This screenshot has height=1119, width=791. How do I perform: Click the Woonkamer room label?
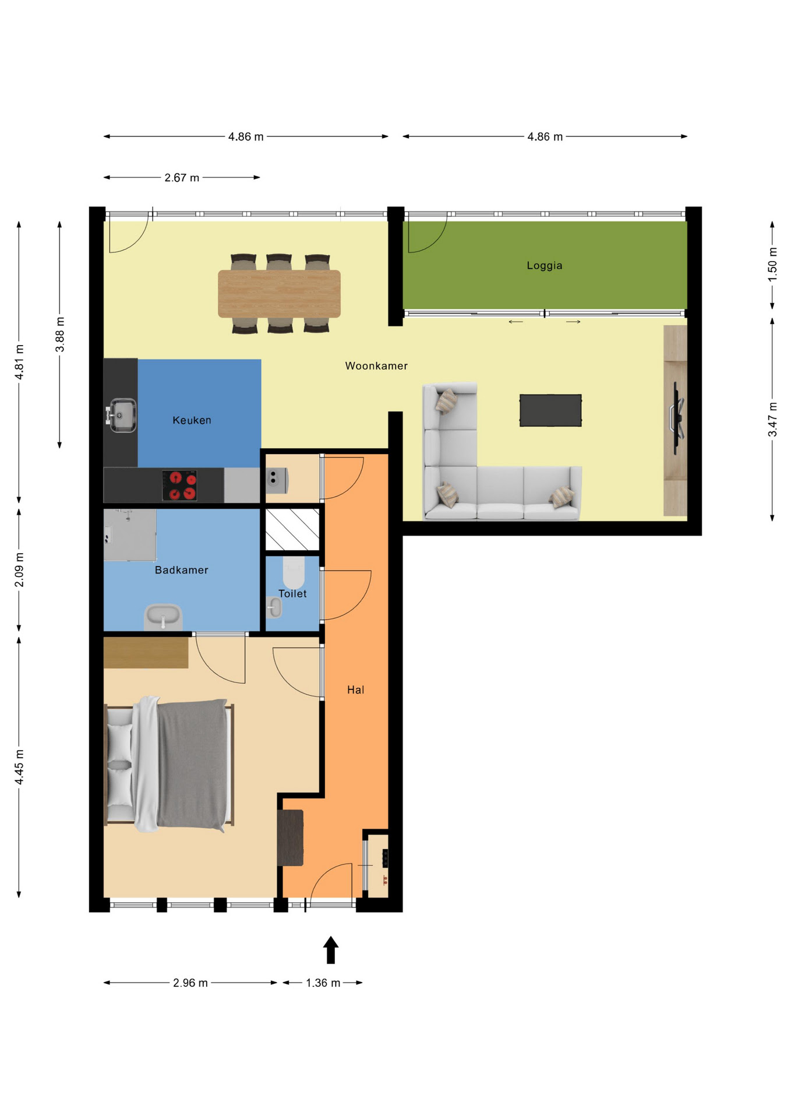pyautogui.click(x=376, y=366)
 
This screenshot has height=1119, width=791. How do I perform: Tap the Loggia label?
pyautogui.click(x=545, y=266)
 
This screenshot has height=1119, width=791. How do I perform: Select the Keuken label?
pyautogui.click(x=192, y=420)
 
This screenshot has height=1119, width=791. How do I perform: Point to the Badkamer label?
pyautogui.click(x=181, y=570)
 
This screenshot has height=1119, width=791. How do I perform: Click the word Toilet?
pyautogui.click(x=292, y=594)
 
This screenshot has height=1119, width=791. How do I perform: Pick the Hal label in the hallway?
pyautogui.click(x=355, y=690)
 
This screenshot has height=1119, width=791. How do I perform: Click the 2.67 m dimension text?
pyautogui.click(x=182, y=178)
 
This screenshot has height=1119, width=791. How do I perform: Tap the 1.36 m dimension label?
pyautogui.click(x=323, y=983)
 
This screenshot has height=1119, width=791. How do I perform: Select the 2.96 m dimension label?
pyautogui.click(x=190, y=983)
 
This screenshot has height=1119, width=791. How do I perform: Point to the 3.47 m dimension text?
pyautogui.click(x=772, y=420)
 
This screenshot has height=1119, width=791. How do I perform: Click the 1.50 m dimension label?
pyautogui.click(x=772, y=265)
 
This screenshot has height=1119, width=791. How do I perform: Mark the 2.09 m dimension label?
pyautogui.click(x=19, y=570)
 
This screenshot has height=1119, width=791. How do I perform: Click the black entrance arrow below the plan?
pyautogui.click(x=331, y=950)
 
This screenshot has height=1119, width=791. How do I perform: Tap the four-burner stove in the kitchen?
pyautogui.click(x=179, y=485)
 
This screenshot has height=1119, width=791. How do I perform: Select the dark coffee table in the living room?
pyautogui.click(x=550, y=410)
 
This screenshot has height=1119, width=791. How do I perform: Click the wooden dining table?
pyautogui.click(x=279, y=294)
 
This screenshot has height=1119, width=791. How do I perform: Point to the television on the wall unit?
pyautogui.click(x=678, y=418)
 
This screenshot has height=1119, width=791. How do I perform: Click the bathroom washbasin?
pyautogui.click(x=163, y=617)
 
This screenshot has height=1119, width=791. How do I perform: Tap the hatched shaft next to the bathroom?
pyautogui.click(x=292, y=529)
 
